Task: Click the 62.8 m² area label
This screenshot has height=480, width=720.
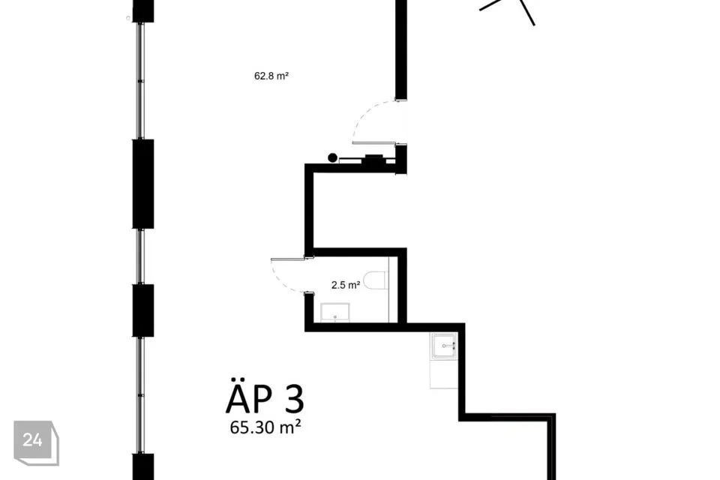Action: point(271,76)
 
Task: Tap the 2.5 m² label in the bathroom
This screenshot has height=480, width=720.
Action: point(346,285)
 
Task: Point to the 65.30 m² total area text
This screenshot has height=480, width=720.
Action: point(265,427)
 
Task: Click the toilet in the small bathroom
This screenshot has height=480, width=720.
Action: point(376,280)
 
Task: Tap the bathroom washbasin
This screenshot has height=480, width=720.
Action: point(335,312)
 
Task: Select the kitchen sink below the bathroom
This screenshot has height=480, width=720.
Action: point(443,346)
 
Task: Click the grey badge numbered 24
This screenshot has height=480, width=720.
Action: point(36,442)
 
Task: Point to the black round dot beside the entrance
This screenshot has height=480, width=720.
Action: point(332,158)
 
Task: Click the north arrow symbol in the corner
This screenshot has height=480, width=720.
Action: point(510,10)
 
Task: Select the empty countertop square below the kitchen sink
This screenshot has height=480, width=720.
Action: point(443,373)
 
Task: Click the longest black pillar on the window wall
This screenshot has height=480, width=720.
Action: point(143,184)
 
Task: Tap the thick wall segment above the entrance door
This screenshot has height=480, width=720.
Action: point(401,49)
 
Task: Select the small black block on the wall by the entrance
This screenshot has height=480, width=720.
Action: point(373,159)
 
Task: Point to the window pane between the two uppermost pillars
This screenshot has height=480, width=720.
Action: point(141,81)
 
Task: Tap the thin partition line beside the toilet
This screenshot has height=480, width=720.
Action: point(389,289)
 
